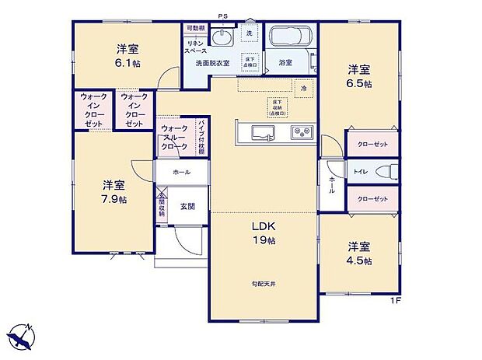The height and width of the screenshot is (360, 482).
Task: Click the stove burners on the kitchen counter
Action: pyautogui.click(x=301, y=133)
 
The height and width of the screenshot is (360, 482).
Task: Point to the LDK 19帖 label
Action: pyautogui.click(x=264, y=232)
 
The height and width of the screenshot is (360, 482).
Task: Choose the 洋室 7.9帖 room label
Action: pyautogui.click(x=114, y=191)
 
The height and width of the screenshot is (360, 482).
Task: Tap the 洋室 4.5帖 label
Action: pyautogui.click(x=359, y=251)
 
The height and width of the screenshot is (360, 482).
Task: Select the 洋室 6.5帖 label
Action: pyautogui.click(x=359, y=75)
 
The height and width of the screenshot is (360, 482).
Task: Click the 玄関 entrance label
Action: pyautogui.click(x=187, y=206)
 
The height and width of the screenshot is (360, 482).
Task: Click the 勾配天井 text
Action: pyautogui.click(x=264, y=284)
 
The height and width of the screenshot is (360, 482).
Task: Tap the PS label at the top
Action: pyautogui.click(x=222, y=16)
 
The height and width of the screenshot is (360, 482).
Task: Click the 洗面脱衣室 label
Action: pyautogui.click(x=212, y=62)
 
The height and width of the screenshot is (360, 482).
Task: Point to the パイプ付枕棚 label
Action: pyautogui.click(x=201, y=137)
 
